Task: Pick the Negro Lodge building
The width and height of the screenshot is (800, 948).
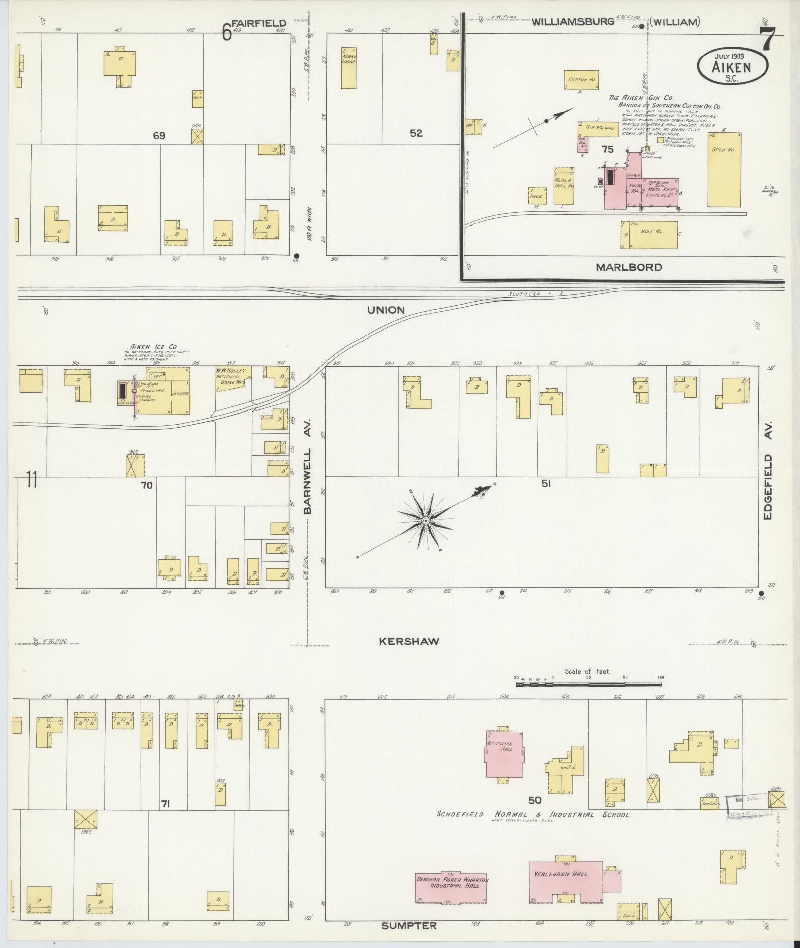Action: point(349,68)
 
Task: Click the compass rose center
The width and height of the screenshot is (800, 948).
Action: point(426,521)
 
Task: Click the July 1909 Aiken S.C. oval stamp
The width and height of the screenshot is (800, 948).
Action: point(732,66)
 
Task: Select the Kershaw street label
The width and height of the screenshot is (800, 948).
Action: point(409,641)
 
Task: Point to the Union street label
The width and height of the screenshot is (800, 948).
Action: point(386,310)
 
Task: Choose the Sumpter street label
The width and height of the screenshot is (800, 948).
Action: point(409,926)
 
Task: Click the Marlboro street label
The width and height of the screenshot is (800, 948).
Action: point(628,267)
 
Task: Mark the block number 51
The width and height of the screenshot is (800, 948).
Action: point(546,484)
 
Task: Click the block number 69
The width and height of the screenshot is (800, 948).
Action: point(159,135)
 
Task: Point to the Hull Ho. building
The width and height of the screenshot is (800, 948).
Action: point(649,234)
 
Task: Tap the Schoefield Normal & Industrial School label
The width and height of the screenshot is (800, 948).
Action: point(533,815)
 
